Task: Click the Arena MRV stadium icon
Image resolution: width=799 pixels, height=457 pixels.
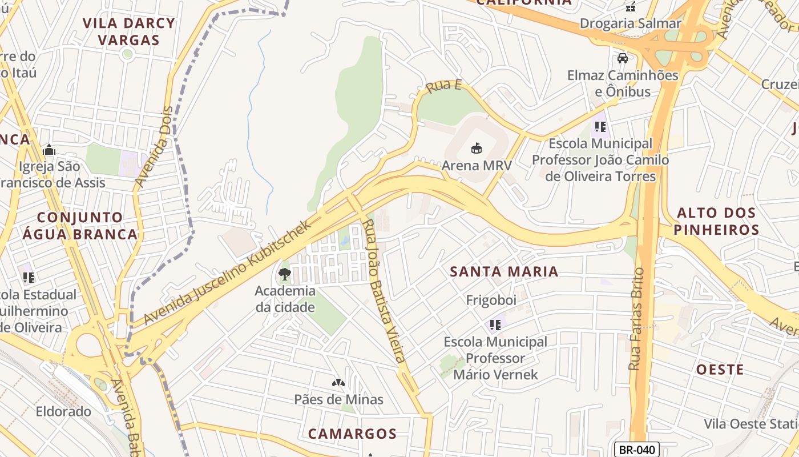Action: (x=476, y=149)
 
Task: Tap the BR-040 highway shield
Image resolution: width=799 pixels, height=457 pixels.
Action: (x=637, y=450)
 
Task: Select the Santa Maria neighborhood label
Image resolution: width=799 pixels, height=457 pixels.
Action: (x=504, y=271)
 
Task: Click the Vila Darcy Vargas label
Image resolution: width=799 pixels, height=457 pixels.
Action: (x=128, y=31)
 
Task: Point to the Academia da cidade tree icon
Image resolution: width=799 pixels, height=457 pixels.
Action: (x=284, y=274)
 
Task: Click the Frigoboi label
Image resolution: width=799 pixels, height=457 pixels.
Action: (x=491, y=300)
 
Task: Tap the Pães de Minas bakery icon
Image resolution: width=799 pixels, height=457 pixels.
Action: (x=338, y=382)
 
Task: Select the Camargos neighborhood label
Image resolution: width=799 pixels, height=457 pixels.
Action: (x=352, y=434)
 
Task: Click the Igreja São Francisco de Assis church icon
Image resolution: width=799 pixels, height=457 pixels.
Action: (x=49, y=150)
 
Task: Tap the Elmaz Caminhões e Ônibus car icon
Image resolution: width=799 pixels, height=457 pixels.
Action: (x=622, y=58)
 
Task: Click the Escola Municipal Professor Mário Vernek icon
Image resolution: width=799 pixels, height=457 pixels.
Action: (x=495, y=325)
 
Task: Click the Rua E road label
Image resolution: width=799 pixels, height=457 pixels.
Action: (x=443, y=86)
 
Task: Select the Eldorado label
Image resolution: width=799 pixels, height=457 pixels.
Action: (x=63, y=411)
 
